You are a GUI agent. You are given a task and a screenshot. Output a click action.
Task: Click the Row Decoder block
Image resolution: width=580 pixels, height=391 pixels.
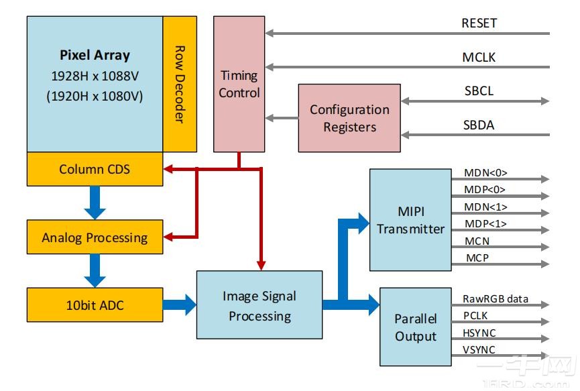pos(180,84)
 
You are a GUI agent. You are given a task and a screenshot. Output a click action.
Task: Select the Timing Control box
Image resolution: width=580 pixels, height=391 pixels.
pos(239,84)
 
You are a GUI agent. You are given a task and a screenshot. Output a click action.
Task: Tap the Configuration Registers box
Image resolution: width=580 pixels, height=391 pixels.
pos(349,118)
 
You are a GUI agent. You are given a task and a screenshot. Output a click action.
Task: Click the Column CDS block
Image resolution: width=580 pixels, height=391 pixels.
pos(95,169)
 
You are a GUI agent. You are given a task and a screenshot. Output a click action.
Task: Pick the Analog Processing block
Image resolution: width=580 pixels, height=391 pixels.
pos(95,237)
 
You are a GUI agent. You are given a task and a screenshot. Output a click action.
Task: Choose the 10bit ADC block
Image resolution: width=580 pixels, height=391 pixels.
pos(95,305)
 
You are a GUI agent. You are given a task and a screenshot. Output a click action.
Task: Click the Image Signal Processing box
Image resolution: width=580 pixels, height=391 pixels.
pos(259,305)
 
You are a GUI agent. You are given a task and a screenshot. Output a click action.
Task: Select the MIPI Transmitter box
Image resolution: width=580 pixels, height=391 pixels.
pos(410,220)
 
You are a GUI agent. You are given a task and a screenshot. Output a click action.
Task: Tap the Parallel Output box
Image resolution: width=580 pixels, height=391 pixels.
pos(415,327)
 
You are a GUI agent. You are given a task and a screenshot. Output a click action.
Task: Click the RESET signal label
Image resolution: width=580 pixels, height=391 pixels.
pos(479,23)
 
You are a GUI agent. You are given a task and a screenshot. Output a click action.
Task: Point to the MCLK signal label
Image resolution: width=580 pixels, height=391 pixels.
pos(479,57)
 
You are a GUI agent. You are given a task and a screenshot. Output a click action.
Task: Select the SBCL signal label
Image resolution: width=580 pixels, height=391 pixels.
pos(479,91)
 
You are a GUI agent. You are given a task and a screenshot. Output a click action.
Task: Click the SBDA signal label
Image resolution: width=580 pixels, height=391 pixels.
pos(479,125)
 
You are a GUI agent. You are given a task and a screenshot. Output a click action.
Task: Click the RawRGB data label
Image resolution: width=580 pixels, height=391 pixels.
pos(496,298)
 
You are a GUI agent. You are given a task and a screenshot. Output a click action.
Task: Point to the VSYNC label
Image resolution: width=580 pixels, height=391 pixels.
pos(479,349)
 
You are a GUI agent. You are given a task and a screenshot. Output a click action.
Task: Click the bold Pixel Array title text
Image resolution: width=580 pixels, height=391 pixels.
pos(95,55)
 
